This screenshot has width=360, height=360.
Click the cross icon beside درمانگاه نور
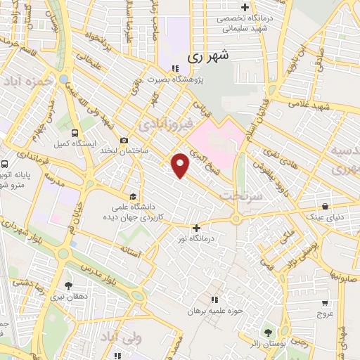pyautogui.click(x=196, y=227)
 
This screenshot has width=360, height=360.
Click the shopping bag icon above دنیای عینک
pyautogui.click(x=326, y=207)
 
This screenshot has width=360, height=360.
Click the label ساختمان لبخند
pyautogui.click(x=124, y=151)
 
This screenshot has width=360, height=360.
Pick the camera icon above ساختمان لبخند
pyautogui.click(x=124, y=140)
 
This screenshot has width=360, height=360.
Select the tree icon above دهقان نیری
pyautogui.click(x=68, y=285)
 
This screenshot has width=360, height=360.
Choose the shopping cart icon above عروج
pyautogui.click(x=324, y=303)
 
